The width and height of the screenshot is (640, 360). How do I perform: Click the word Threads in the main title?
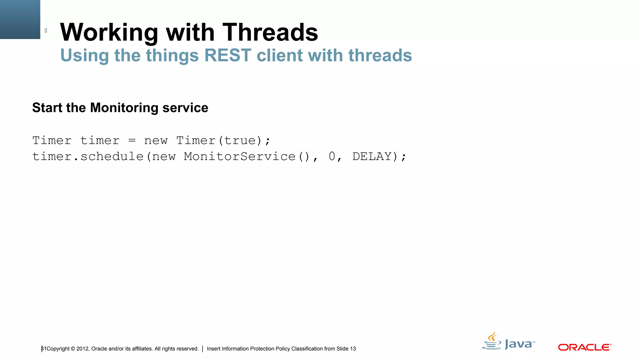click(x=270, y=32)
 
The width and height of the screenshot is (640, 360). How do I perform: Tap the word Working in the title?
click(x=109, y=32)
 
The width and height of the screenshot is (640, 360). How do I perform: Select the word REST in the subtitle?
click(x=227, y=55)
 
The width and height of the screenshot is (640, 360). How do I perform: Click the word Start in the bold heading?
click(x=47, y=108)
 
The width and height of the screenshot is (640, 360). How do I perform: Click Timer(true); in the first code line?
click(x=223, y=141)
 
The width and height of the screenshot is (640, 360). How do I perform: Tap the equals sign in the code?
click(x=132, y=141)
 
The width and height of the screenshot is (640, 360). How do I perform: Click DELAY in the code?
click(x=372, y=157)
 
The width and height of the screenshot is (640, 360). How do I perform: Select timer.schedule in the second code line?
click(x=88, y=157)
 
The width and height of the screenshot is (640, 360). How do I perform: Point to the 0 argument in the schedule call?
click(x=332, y=157)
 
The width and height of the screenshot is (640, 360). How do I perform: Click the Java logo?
click(x=508, y=341)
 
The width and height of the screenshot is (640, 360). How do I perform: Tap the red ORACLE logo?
click(x=584, y=347)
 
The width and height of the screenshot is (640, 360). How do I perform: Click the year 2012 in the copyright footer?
click(x=82, y=349)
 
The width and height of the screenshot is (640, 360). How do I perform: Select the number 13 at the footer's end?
click(x=353, y=349)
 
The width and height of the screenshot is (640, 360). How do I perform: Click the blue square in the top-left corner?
click(x=20, y=19)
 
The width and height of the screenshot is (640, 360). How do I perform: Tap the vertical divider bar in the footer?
click(x=203, y=349)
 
